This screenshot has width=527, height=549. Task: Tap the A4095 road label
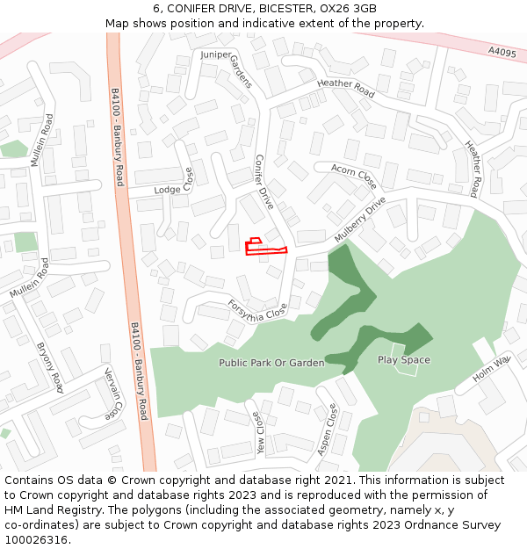click(502, 53)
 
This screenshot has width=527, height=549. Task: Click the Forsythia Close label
click(257, 308)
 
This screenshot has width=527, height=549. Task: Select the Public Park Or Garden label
click(271, 363)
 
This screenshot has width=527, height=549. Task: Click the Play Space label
click(404, 360)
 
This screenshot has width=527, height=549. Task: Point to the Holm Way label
click(491, 369)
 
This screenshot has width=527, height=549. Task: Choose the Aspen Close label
click(327, 430)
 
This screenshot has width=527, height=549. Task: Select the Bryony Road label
click(50, 367)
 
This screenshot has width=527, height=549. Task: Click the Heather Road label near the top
click(346, 88)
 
